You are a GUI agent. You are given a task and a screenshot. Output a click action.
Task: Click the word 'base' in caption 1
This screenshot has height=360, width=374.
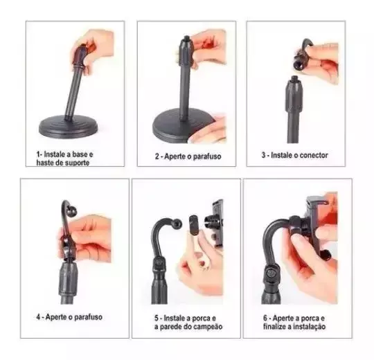tap(80, 154)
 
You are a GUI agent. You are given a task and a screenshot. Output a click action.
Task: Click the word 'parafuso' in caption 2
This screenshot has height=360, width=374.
tap(207, 156)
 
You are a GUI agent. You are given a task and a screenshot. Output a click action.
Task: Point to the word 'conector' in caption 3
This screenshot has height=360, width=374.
tap(314, 155)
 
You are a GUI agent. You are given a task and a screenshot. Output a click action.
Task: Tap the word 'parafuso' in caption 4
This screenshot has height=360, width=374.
tap(88, 317)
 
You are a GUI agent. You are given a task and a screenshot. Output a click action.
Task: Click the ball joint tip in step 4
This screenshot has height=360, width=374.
tap(72, 212)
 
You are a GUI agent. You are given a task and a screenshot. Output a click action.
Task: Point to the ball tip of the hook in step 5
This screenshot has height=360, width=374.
tap(178, 224)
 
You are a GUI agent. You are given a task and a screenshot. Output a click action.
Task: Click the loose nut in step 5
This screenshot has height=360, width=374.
tap(194, 224)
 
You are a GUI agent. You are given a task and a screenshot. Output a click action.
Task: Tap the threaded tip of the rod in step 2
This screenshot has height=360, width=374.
tap(187, 38)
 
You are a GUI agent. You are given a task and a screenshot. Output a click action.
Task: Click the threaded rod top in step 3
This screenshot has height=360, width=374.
tap(295, 78)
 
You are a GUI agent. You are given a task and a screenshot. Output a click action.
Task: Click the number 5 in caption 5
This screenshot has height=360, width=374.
tap(157, 318)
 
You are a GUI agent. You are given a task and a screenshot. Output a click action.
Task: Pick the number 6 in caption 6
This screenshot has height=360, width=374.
tap(265, 318)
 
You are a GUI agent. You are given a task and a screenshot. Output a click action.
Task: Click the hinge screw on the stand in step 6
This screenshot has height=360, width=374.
tap(271, 273)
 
